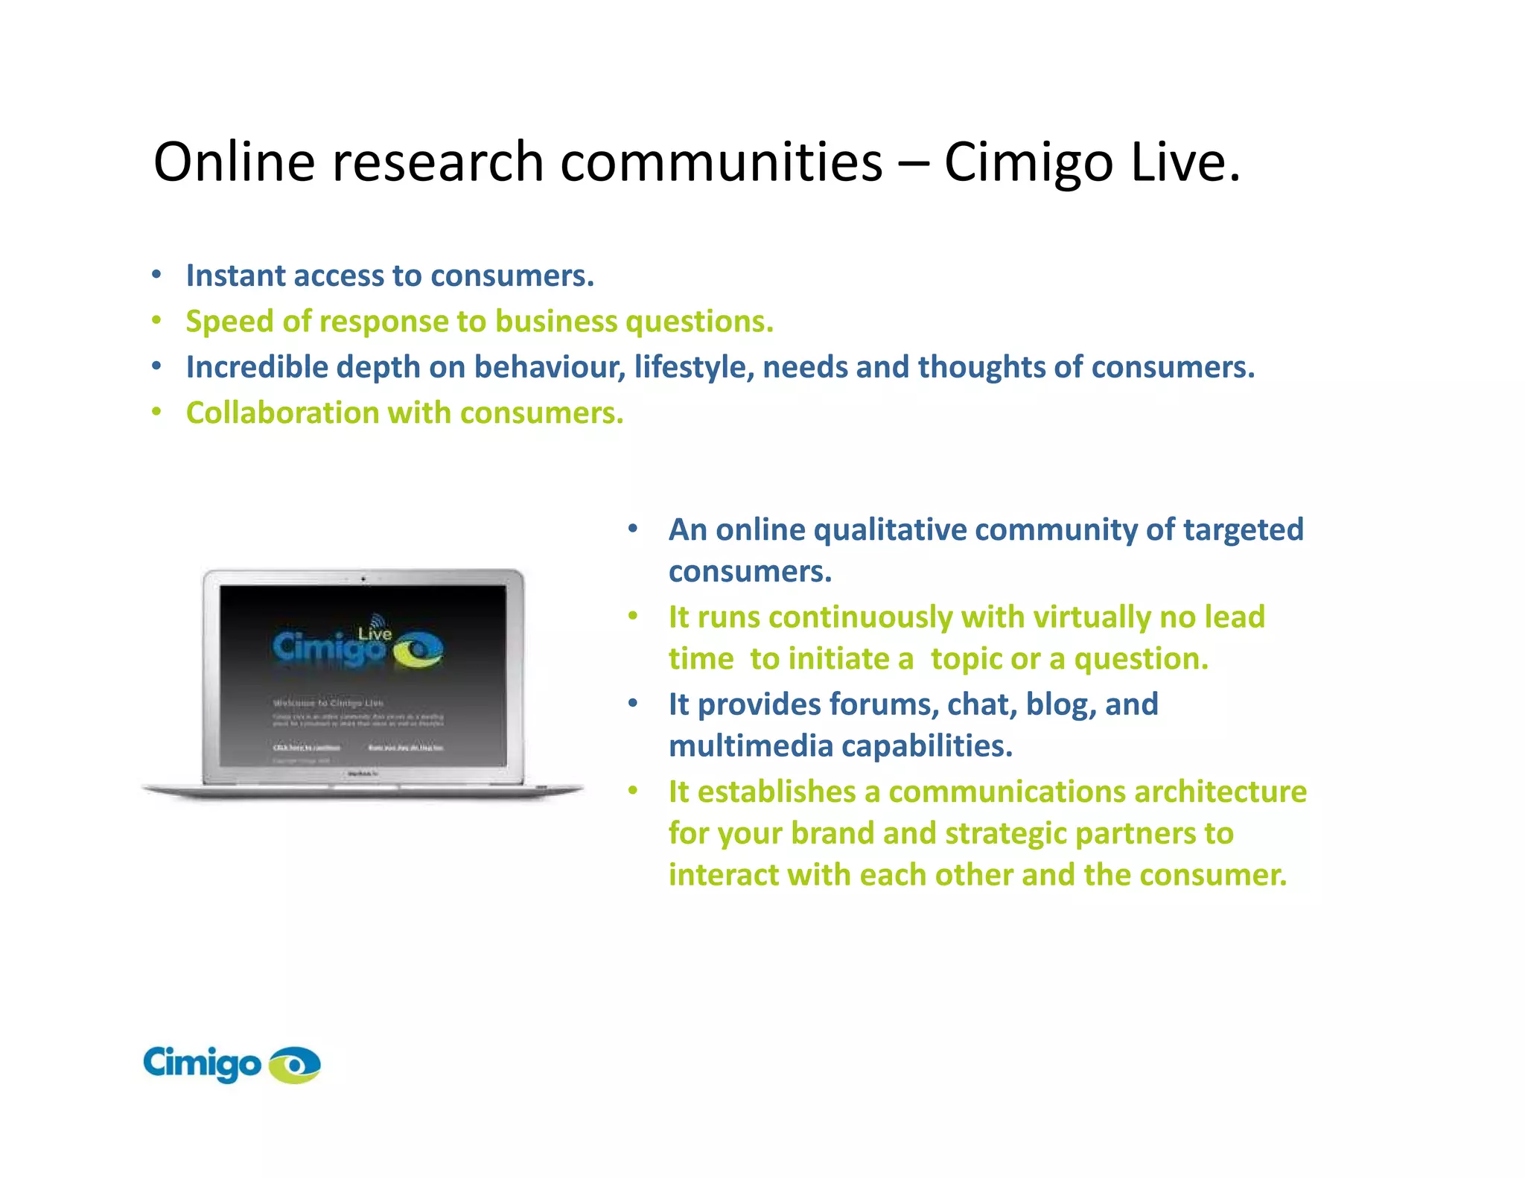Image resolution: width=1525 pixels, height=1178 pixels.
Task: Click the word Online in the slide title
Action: pos(235,162)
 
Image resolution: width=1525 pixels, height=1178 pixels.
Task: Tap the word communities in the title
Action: pos(721,162)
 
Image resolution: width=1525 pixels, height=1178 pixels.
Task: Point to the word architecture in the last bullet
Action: pos(1220,792)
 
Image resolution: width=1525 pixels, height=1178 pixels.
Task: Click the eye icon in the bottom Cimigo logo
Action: pos(295,1065)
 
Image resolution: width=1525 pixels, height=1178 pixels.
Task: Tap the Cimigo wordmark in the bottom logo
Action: pos(202,1063)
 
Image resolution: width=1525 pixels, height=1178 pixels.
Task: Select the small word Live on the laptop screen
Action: pos(375,634)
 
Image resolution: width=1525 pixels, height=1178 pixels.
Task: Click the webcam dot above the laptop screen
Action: pos(363,579)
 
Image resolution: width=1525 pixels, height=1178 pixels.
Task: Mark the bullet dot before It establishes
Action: pos(633,791)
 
